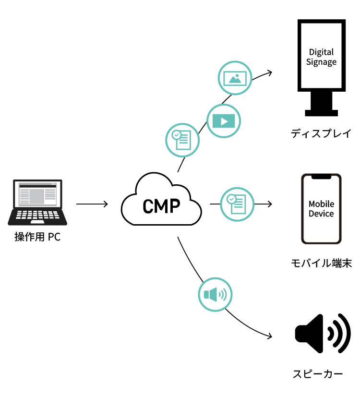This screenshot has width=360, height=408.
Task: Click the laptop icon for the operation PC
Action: (37, 202)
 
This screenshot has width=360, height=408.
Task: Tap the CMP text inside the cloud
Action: (161, 206)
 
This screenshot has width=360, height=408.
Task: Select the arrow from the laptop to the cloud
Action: (92, 204)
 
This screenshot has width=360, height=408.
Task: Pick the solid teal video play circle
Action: (223, 120)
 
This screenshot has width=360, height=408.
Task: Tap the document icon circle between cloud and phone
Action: (237, 204)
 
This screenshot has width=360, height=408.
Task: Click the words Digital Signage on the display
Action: (321, 57)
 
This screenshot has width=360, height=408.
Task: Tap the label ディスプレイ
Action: (321, 133)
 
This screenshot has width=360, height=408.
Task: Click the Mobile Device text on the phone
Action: (321, 209)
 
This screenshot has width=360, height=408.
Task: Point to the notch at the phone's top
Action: (321, 177)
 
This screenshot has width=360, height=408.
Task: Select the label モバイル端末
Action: (321, 263)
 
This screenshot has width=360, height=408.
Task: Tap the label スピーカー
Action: (318, 374)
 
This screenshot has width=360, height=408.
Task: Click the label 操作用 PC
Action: (37, 237)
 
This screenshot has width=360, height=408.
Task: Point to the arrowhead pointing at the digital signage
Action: (270, 72)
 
